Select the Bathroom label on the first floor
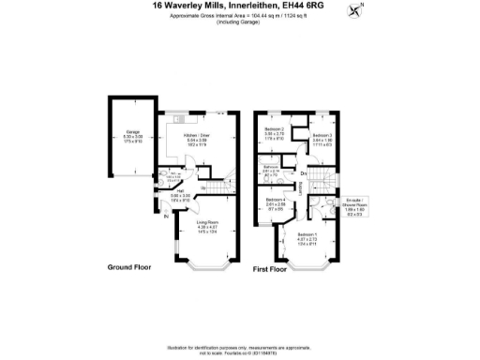(x=269, y=170)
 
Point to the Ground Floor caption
(x=129, y=266)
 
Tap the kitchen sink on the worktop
(x=183, y=120)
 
